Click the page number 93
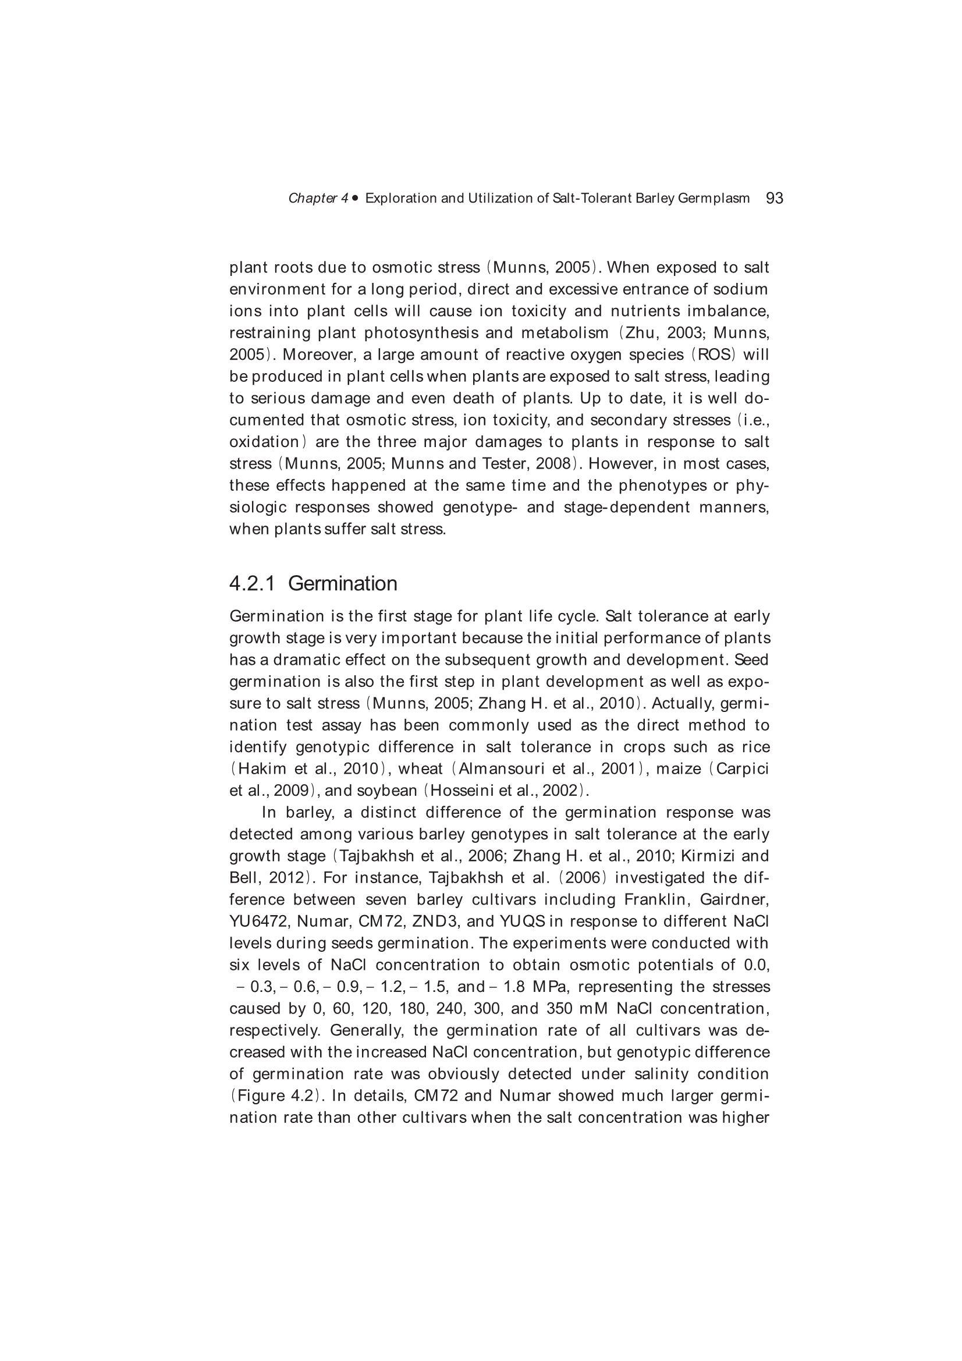click(774, 198)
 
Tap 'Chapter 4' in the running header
click(318, 199)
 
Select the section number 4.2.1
click(252, 584)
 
